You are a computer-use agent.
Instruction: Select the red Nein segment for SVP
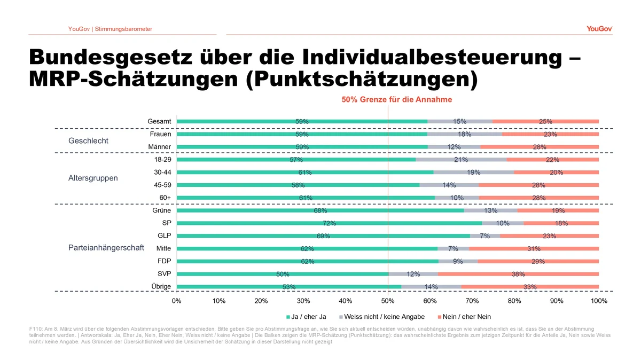click(518, 274)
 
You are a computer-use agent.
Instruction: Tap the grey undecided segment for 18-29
click(461, 160)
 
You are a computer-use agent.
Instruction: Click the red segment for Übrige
click(530, 287)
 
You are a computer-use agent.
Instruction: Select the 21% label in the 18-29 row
click(461, 160)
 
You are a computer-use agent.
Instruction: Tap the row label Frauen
click(160, 135)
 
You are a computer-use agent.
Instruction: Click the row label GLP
click(163, 236)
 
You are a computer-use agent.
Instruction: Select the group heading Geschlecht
click(89, 141)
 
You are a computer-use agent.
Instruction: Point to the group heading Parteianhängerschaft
click(106, 248)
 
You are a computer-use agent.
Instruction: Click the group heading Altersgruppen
click(93, 178)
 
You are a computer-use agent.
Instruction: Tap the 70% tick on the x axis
click(472, 301)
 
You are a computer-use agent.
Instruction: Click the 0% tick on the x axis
click(177, 301)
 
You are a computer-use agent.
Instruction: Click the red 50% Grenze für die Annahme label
click(397, 100)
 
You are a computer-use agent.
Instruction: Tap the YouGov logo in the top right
click(599, 29)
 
